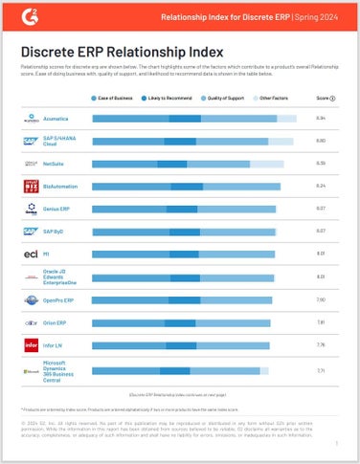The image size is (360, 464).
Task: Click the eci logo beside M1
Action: coord(30,254)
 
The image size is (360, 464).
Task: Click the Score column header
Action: coord(324,98)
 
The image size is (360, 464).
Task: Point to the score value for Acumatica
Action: coord(321,118)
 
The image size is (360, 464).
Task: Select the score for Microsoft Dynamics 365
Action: coord(321,368)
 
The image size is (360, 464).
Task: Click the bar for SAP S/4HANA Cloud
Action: coord(191,141)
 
